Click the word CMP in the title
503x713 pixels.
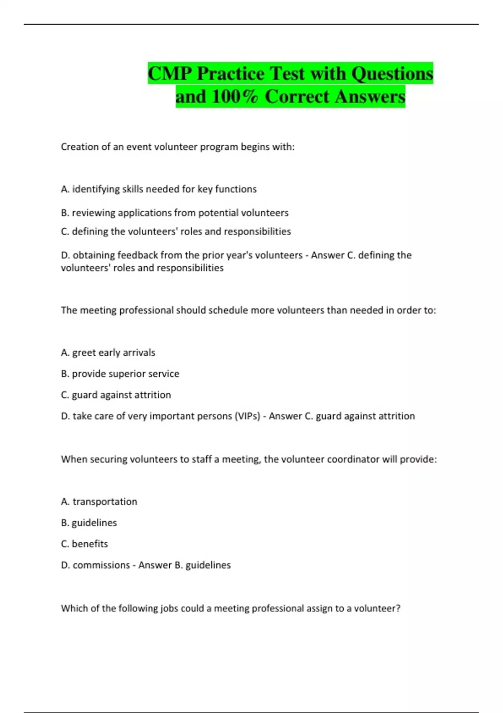pyautogui.click(x=170, y=74)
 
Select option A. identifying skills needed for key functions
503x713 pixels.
pyautogui.click(x=158, y=189)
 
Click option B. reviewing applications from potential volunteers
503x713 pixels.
pyautogui.click(x=174, y=213)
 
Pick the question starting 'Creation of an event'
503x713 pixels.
pyautogui.click(x=178, y=147)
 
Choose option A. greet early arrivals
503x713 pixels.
pyautogui.click(x=108, y=353)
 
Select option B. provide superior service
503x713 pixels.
pyautogui.click(x=120, y=374)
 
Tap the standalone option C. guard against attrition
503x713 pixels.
pyautogui.click(x=116, y=395)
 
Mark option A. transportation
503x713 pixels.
pyautogui.click(x=99, y=502)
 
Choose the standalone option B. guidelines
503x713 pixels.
pyautogui.click(x=89, y=523)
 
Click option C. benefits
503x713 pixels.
pyautogui.click(x=84, y=544)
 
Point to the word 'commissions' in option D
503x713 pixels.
pyautogui.click(x=101, y=565)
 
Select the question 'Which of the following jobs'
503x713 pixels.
pyautogui.click(x=231, y=609)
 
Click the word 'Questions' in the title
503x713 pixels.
pyautogui.click(x=392, y=74)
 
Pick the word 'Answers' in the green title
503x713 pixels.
pyautogui.click(x=370, y=97)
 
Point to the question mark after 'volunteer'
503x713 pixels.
pyautogui.click(x=398, y=609)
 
